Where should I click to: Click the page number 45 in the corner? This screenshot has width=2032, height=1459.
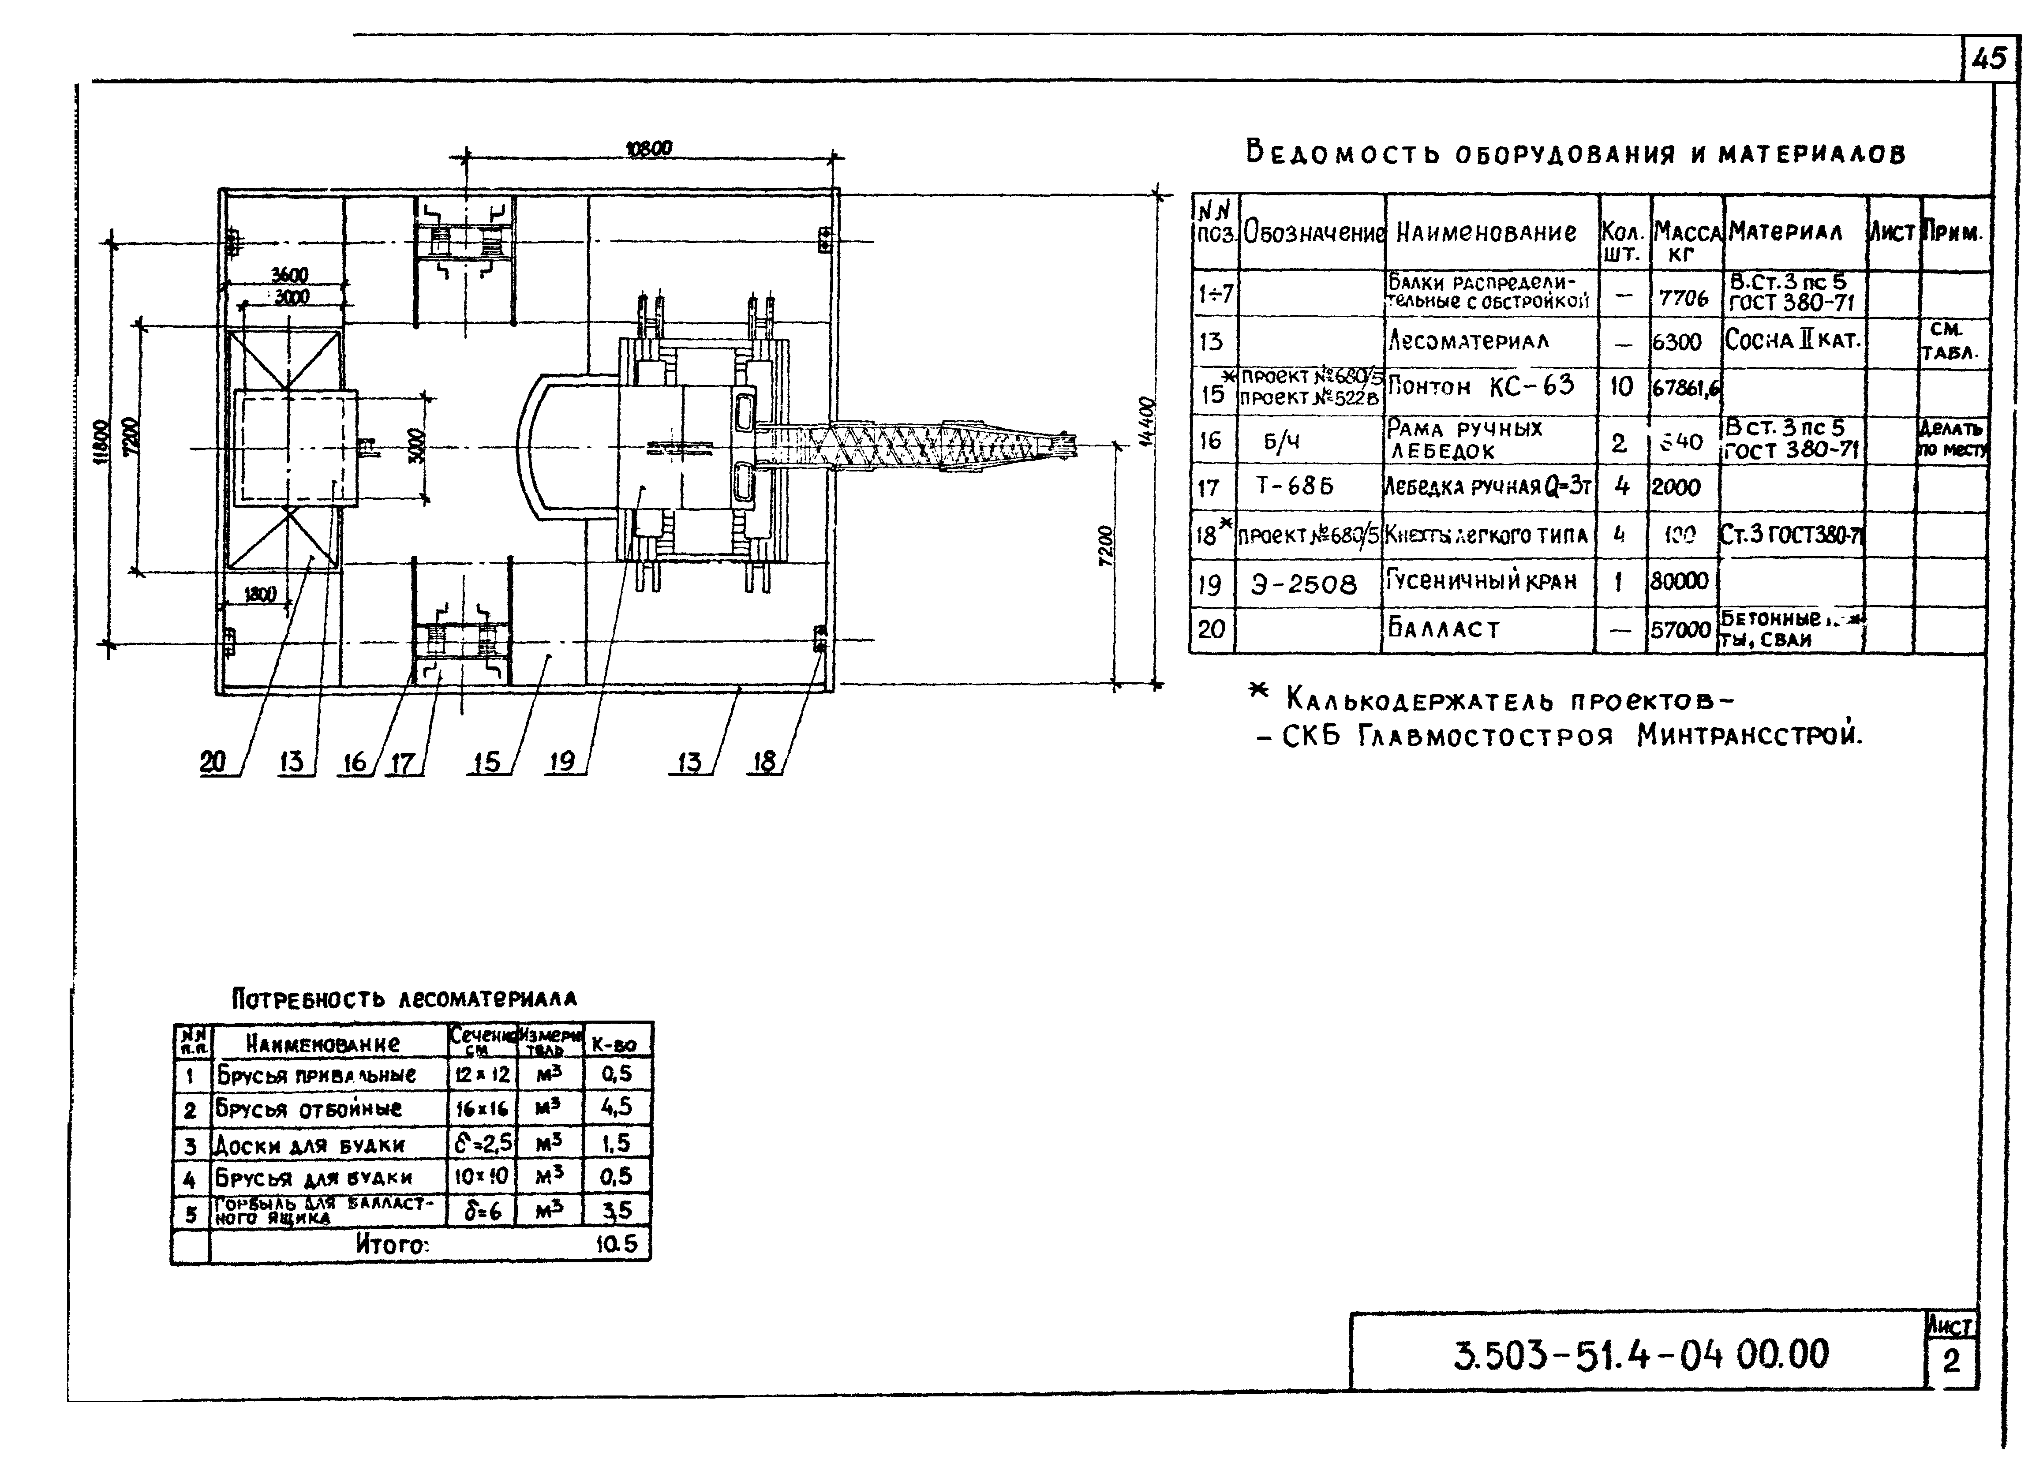point(1989,59)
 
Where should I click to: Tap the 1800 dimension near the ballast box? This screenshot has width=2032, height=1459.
point(260,594)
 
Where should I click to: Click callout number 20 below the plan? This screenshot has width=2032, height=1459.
point(213,762)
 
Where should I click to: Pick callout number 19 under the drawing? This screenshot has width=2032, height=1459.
point(562,762)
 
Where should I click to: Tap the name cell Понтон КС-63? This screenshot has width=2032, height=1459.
point(1481,387)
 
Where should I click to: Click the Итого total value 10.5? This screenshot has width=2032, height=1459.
point(617,1244)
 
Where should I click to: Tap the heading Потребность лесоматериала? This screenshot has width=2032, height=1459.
point(404,999)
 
